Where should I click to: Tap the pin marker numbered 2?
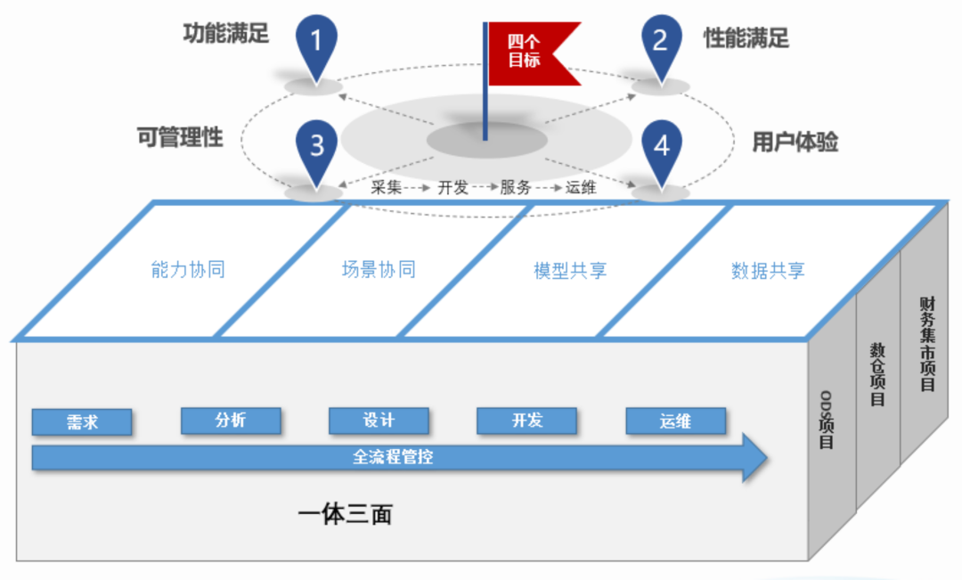[x=661, y=41]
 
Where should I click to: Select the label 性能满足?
[x=746, y=37]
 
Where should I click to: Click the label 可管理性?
[x=180, y=137]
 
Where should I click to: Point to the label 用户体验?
[x=795, y=142]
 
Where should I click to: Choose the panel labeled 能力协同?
[x=187, y=270]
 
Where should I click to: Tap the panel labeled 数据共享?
[x=768, y=270]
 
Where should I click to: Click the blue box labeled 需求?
[x=82, y=422]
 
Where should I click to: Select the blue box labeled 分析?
[x=231, y=421]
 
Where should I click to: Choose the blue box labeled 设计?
[x=379, y=421]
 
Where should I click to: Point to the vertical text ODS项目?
[x=826, y=419]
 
